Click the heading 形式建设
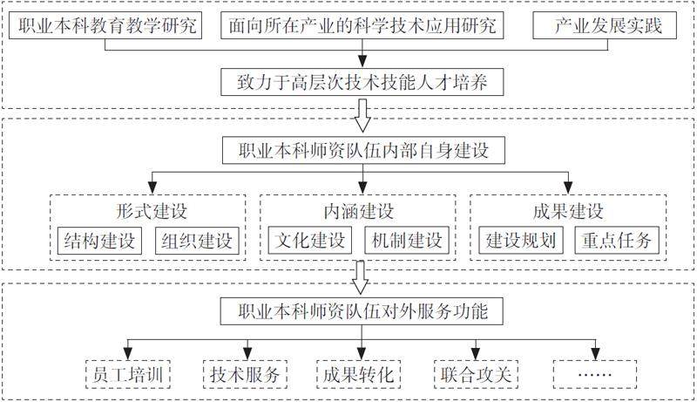click(150, 211)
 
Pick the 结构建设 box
click(100, 240)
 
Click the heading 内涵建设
click(358, 211)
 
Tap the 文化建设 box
click(309, 240)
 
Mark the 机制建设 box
click(406, 240)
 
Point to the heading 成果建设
click(568, 211)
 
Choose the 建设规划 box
click(519, 240)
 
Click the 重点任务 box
click(616, 240)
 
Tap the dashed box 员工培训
click(127, 374)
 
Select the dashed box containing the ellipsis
click(594, 374)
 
